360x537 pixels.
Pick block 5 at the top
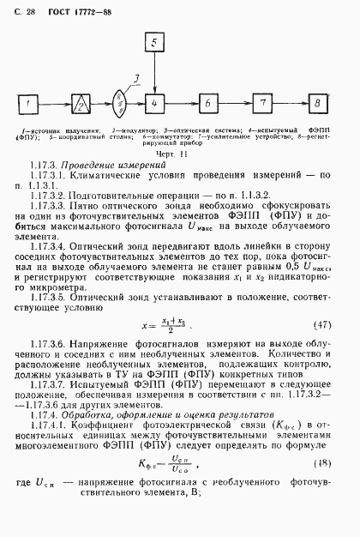[x=153, y=43]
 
